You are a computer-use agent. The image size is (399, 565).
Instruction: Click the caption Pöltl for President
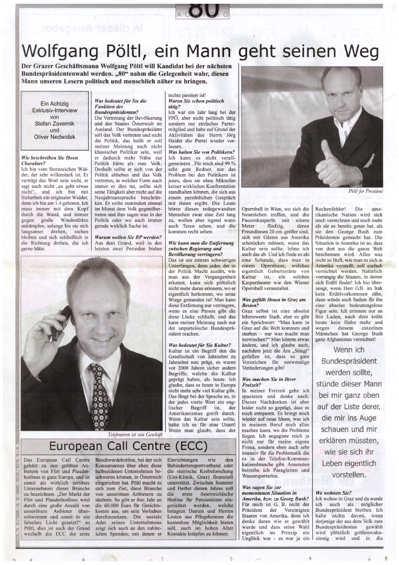click(366, 191)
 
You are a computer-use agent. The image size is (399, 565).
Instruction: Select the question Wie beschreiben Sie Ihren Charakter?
click(50, 161)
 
